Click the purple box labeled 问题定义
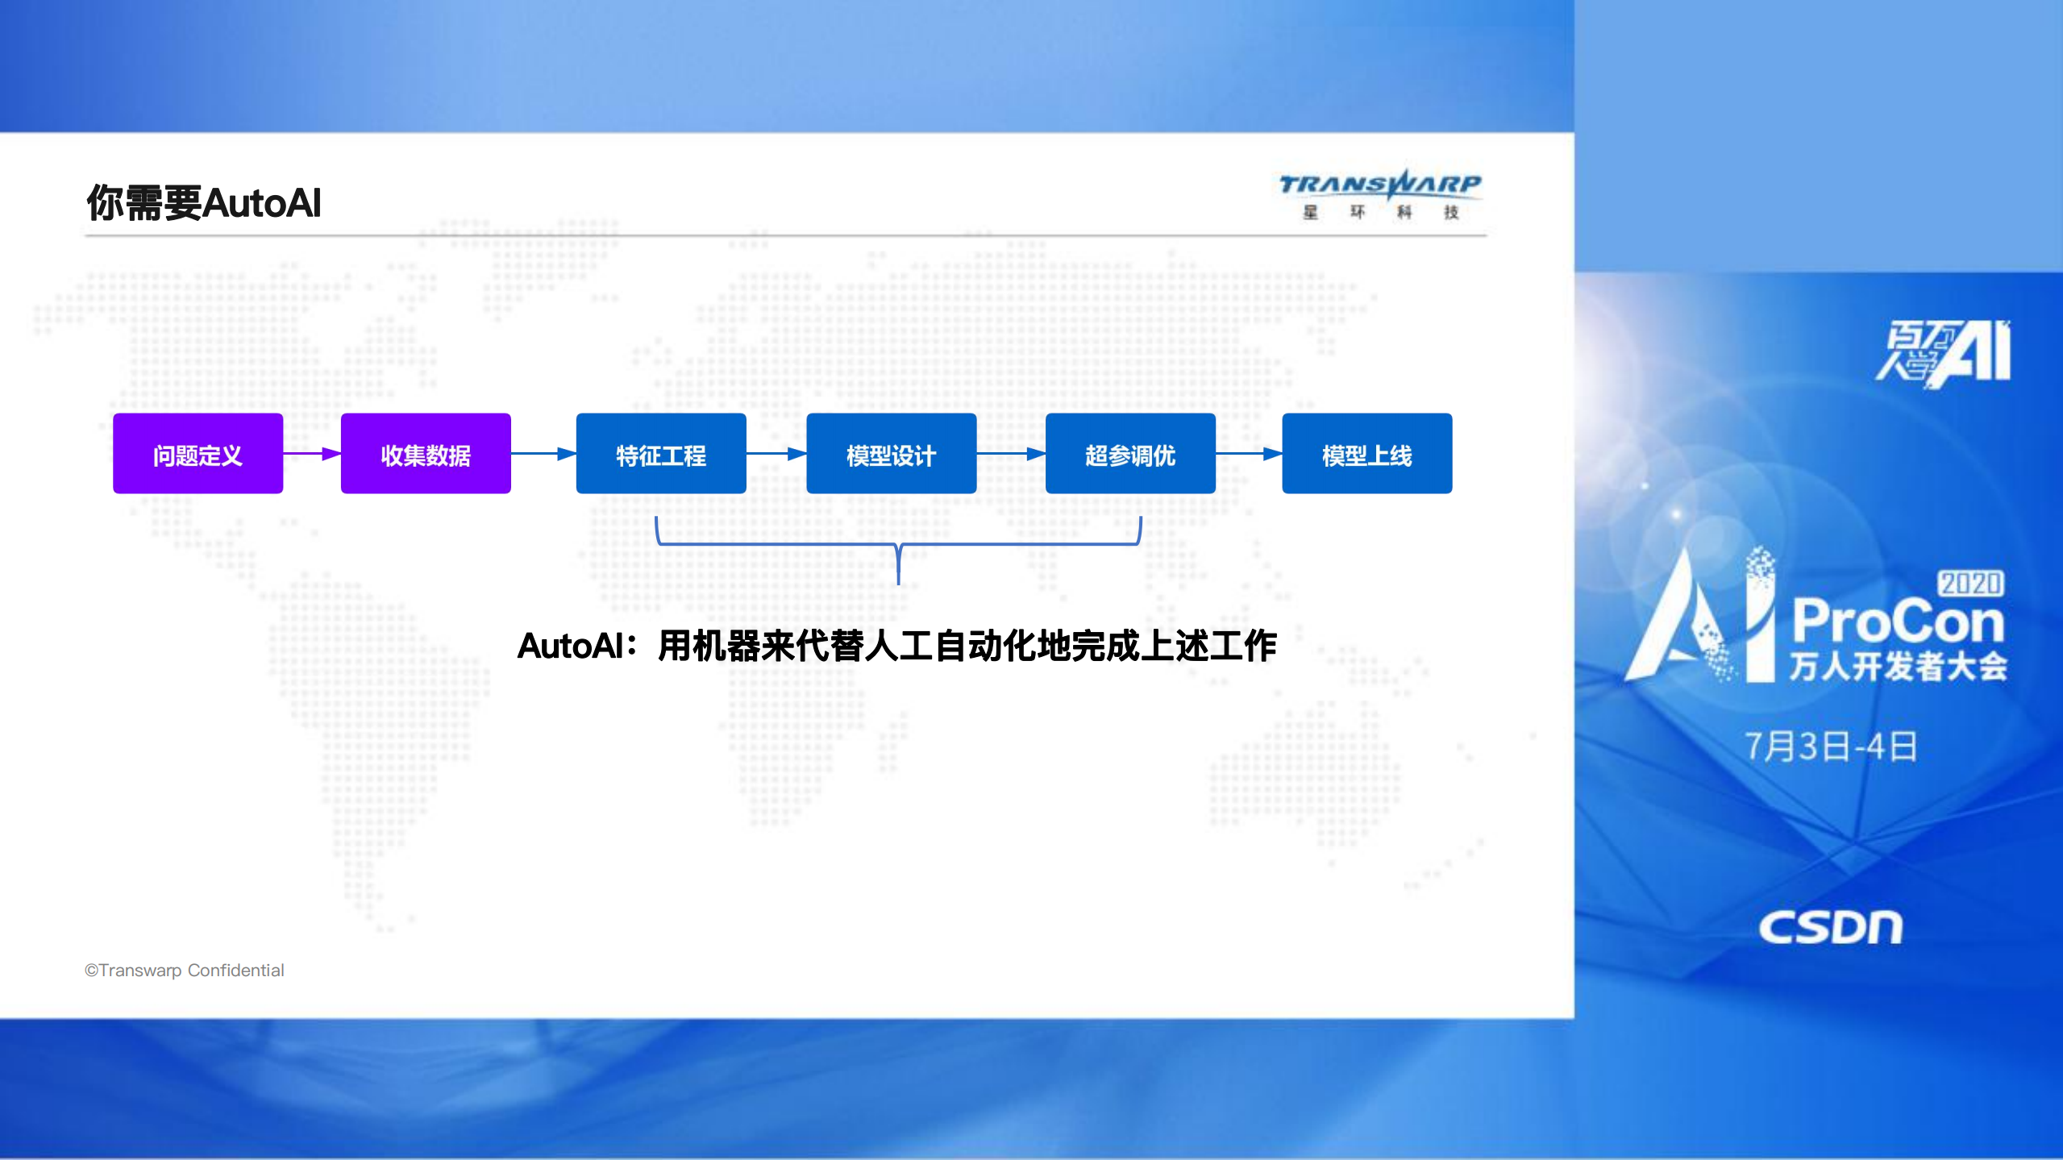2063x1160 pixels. click(x=198, y=454)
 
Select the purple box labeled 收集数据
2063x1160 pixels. click(x=426, y=454)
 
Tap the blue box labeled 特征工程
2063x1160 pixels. click(x=661, y=454)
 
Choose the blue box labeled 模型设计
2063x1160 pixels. click(x=891, y=454)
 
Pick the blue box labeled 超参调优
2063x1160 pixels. click(x=1130, y=454)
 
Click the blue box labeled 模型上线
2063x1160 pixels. click(x=1366, y=454)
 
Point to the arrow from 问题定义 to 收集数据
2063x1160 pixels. click(x=312, y=454)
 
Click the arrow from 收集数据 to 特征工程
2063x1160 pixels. click(x=543, y=454)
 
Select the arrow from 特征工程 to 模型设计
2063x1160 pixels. click(x=776, y=454)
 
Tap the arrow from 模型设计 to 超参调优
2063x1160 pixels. click(x=1011, y=454)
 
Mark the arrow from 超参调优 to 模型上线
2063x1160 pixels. click(x=1249, y=454)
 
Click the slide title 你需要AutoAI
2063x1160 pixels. click(x=204, y=202)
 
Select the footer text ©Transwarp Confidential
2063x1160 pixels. click(x=185, y=971)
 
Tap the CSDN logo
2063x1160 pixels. click(x=1830, y=927)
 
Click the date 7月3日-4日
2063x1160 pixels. click(x=1830, y=746)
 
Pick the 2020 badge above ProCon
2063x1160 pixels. click(x=1970, y=583)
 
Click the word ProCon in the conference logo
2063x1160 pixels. click(x=1899, y=622)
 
